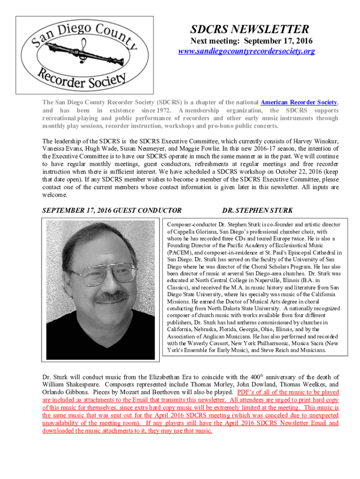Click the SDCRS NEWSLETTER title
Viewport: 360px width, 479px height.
246,29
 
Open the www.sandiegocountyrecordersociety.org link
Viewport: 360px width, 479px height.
246,51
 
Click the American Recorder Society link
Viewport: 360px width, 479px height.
299,102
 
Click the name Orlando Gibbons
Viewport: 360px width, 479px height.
60,392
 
